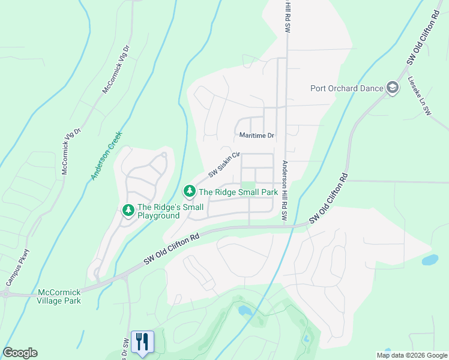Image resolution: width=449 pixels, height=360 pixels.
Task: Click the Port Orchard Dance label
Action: [x=346, y=88]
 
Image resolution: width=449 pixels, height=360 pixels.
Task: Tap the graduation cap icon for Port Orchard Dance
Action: [x=393, y=88]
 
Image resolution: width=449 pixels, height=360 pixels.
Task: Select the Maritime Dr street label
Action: [x=256, y=136]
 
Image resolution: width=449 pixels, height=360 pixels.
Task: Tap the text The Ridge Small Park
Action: [x=238, y=192]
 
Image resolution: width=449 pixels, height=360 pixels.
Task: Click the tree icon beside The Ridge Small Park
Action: [x=190, y=191]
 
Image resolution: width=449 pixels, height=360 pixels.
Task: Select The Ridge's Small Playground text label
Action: [x=158, y=211]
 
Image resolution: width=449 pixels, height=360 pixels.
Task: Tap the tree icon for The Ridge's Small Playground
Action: [x=128, y=211]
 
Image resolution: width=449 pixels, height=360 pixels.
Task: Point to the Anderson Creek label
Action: [x=107, y=156]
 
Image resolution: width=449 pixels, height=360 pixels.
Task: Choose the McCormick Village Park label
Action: [x=59, y=296]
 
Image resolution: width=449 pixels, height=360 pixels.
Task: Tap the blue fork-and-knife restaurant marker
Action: [x=142, y=342]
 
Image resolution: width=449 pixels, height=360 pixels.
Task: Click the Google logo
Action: [x=20, y=353]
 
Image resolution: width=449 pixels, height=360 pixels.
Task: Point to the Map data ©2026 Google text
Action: [x=411, y=355]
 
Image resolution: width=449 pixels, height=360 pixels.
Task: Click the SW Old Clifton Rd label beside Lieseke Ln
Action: [x=415, y=50]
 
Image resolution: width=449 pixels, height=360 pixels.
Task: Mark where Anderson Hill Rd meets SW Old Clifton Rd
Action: [x=287, y=226]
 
